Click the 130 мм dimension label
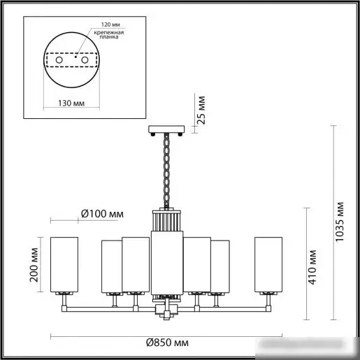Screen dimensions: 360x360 [71, 103]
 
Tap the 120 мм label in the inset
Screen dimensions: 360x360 [110, 24]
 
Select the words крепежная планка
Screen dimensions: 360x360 [109, 34]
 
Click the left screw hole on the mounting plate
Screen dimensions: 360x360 [59, 60]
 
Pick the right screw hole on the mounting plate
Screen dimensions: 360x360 [85, 60]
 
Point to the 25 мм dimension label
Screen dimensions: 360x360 [201, 110]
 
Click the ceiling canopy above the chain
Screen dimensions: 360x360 [166, 129]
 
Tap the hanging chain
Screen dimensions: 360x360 [166, 171]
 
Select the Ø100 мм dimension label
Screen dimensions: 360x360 [102, 214]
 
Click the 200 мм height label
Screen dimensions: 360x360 [34, 265]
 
